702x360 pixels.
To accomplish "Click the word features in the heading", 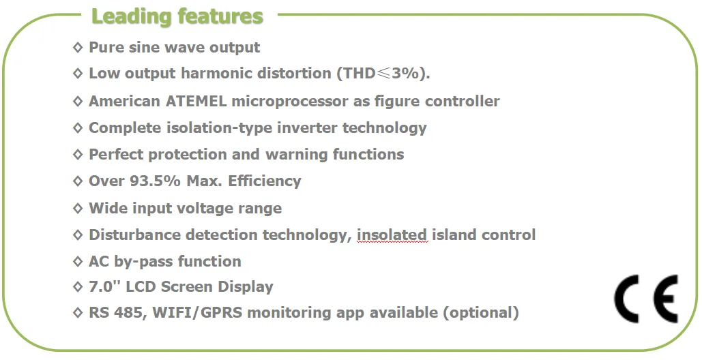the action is [220, 16].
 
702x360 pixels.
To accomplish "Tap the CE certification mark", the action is [646, 298].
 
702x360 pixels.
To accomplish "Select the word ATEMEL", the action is [196, 101].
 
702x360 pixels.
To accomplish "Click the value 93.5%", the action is [155, 181].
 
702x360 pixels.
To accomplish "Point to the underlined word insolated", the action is [392, 235].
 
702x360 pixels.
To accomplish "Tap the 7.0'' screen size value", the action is [105, 286].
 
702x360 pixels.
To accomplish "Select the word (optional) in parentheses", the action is [481, 312].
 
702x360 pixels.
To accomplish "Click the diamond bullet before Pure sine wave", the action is [78, 47].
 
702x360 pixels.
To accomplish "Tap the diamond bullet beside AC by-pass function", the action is [78, 260].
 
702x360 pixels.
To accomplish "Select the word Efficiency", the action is [265, 181].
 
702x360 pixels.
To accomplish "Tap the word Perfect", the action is [116, 154].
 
